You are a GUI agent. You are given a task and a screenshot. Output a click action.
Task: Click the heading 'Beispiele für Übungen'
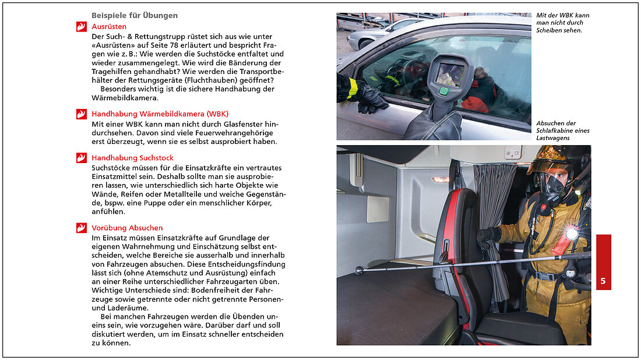point(135,15)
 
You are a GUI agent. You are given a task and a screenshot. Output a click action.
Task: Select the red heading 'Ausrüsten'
point(109,27)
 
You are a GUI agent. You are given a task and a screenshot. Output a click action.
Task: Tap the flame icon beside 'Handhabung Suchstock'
point(81,158)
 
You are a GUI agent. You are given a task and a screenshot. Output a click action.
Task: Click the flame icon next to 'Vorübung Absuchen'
point(81,228)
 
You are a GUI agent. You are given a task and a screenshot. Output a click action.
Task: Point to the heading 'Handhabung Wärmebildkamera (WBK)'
point(160,114)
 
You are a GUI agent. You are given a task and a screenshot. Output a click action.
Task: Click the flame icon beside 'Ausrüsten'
point(81,27)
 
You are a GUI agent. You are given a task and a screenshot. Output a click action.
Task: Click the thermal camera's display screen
point(450,74)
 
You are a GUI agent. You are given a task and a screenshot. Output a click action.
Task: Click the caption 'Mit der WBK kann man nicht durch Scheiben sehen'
point(562,22)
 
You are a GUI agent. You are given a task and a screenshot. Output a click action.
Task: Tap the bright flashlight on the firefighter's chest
point(572,233)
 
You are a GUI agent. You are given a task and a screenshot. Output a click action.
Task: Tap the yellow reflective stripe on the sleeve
point(353,88)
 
